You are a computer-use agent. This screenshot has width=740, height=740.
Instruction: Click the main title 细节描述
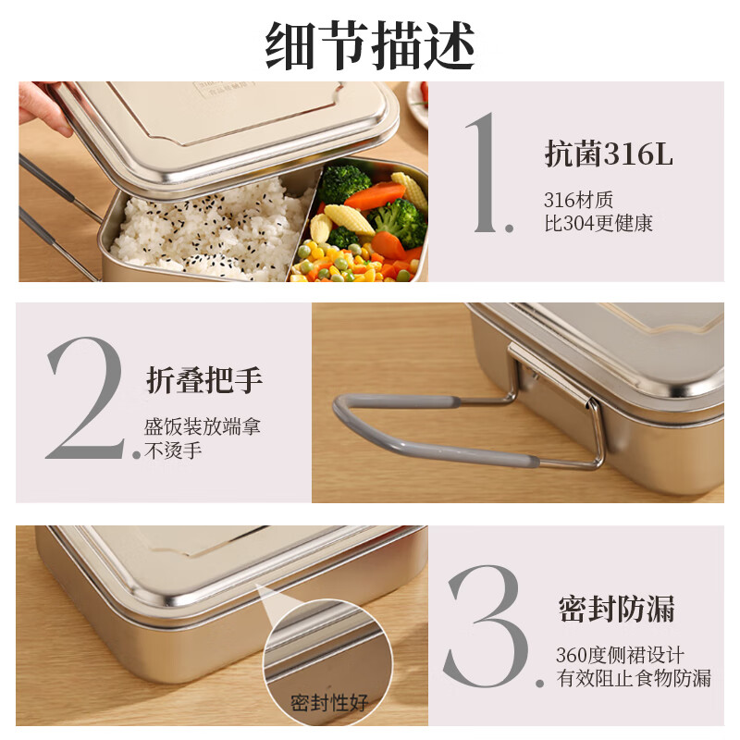coord(370,44)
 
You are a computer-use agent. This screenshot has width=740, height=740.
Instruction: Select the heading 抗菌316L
coord(608,154)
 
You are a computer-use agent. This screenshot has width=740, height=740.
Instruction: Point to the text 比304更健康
coord(598,224)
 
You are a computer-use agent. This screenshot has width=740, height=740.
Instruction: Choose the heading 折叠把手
coord(204,379)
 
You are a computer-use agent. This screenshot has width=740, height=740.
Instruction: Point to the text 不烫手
coord(173,451)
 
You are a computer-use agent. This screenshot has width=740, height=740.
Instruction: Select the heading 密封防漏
coord(616,610)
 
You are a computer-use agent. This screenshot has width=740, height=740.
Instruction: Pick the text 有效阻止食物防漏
coord(634,678)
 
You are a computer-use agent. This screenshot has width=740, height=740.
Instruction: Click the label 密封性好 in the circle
coord(329,702)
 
